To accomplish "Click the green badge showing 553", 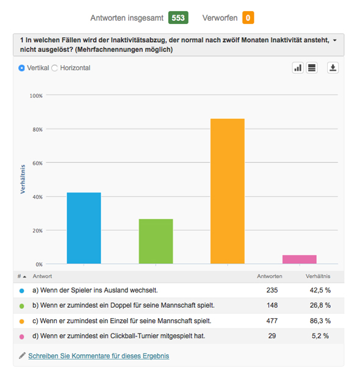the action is pyautogui.click(x=178, y=18).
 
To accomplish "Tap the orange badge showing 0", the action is pyautogui.click(x=248, y=18).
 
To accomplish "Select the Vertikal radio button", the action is pyautogui.click(x=21, y=68).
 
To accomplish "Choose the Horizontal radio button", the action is pyautogui.click(x=54, y=68).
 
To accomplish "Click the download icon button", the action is pyautogui.click(x=333, y=68).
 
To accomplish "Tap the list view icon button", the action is pyautogui.click(x=312, y=68).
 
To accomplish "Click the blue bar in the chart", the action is pyautogui.click(x=84, y=228).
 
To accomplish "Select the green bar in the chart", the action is pyautogui.click(x=156, y=241).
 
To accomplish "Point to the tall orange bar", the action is pyautogui.click(x=228, y=191).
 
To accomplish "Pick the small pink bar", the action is pyautogui.click(x=300, y=259).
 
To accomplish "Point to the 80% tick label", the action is pyautogui.click(x=37, y=129).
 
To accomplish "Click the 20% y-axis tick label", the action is pyautogui.click(x=37, y=231).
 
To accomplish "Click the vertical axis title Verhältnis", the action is pyautogui.click(x=23, y=180).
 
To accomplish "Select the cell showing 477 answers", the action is pyautogui.click(x=272, y=321).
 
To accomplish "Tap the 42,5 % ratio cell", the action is pyautogui.click(x=320, y=290).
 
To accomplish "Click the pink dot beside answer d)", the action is pyautogui.click(x=22, y=337).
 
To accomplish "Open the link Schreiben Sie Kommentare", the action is pyautogui.click(x=99, y=356).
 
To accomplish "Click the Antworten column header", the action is pyautogui.click(x=270, y=277).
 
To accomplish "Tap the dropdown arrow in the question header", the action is pyautogui.click(x=335, y=40).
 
